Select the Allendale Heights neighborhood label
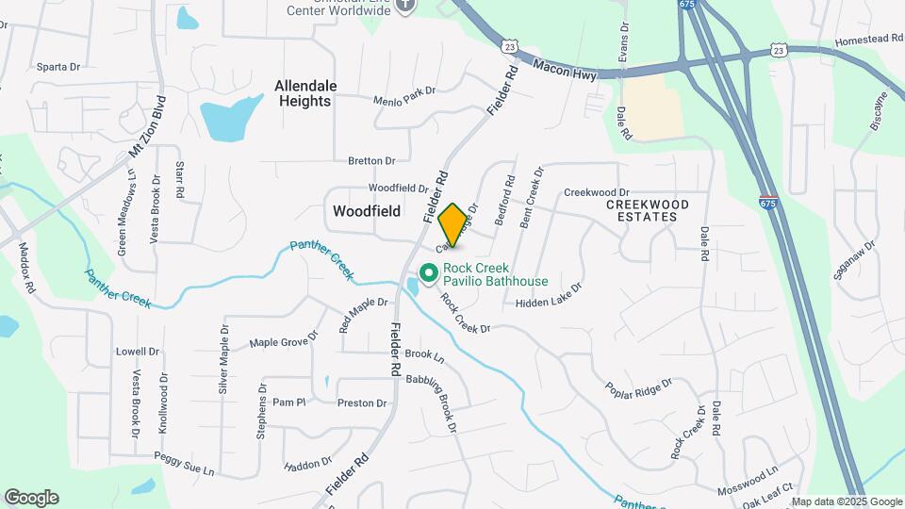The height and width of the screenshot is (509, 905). pyautogui.click(x=304, y=92)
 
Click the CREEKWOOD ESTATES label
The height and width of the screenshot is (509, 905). pyautogui.click(x=648, y=210)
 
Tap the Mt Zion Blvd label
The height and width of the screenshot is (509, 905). pyautogui.click(x=147, y=126)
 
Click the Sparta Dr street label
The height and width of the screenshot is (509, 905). pyautogui.click(x=59, y=67)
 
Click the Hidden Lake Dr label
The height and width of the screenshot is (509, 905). pyautogui.click(x=549, y=295)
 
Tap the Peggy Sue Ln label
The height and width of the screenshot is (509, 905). pyautogui.click(x=185, y=464)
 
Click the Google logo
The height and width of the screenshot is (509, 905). pyautogui.click(x=31, y=497)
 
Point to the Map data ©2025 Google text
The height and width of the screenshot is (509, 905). pyautogui.click(x=846, y=501)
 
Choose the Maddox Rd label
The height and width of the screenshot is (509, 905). pyautogui.click(x=26, y=269)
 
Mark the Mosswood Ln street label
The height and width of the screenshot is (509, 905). pyautogui.click(x=747, y=474)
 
